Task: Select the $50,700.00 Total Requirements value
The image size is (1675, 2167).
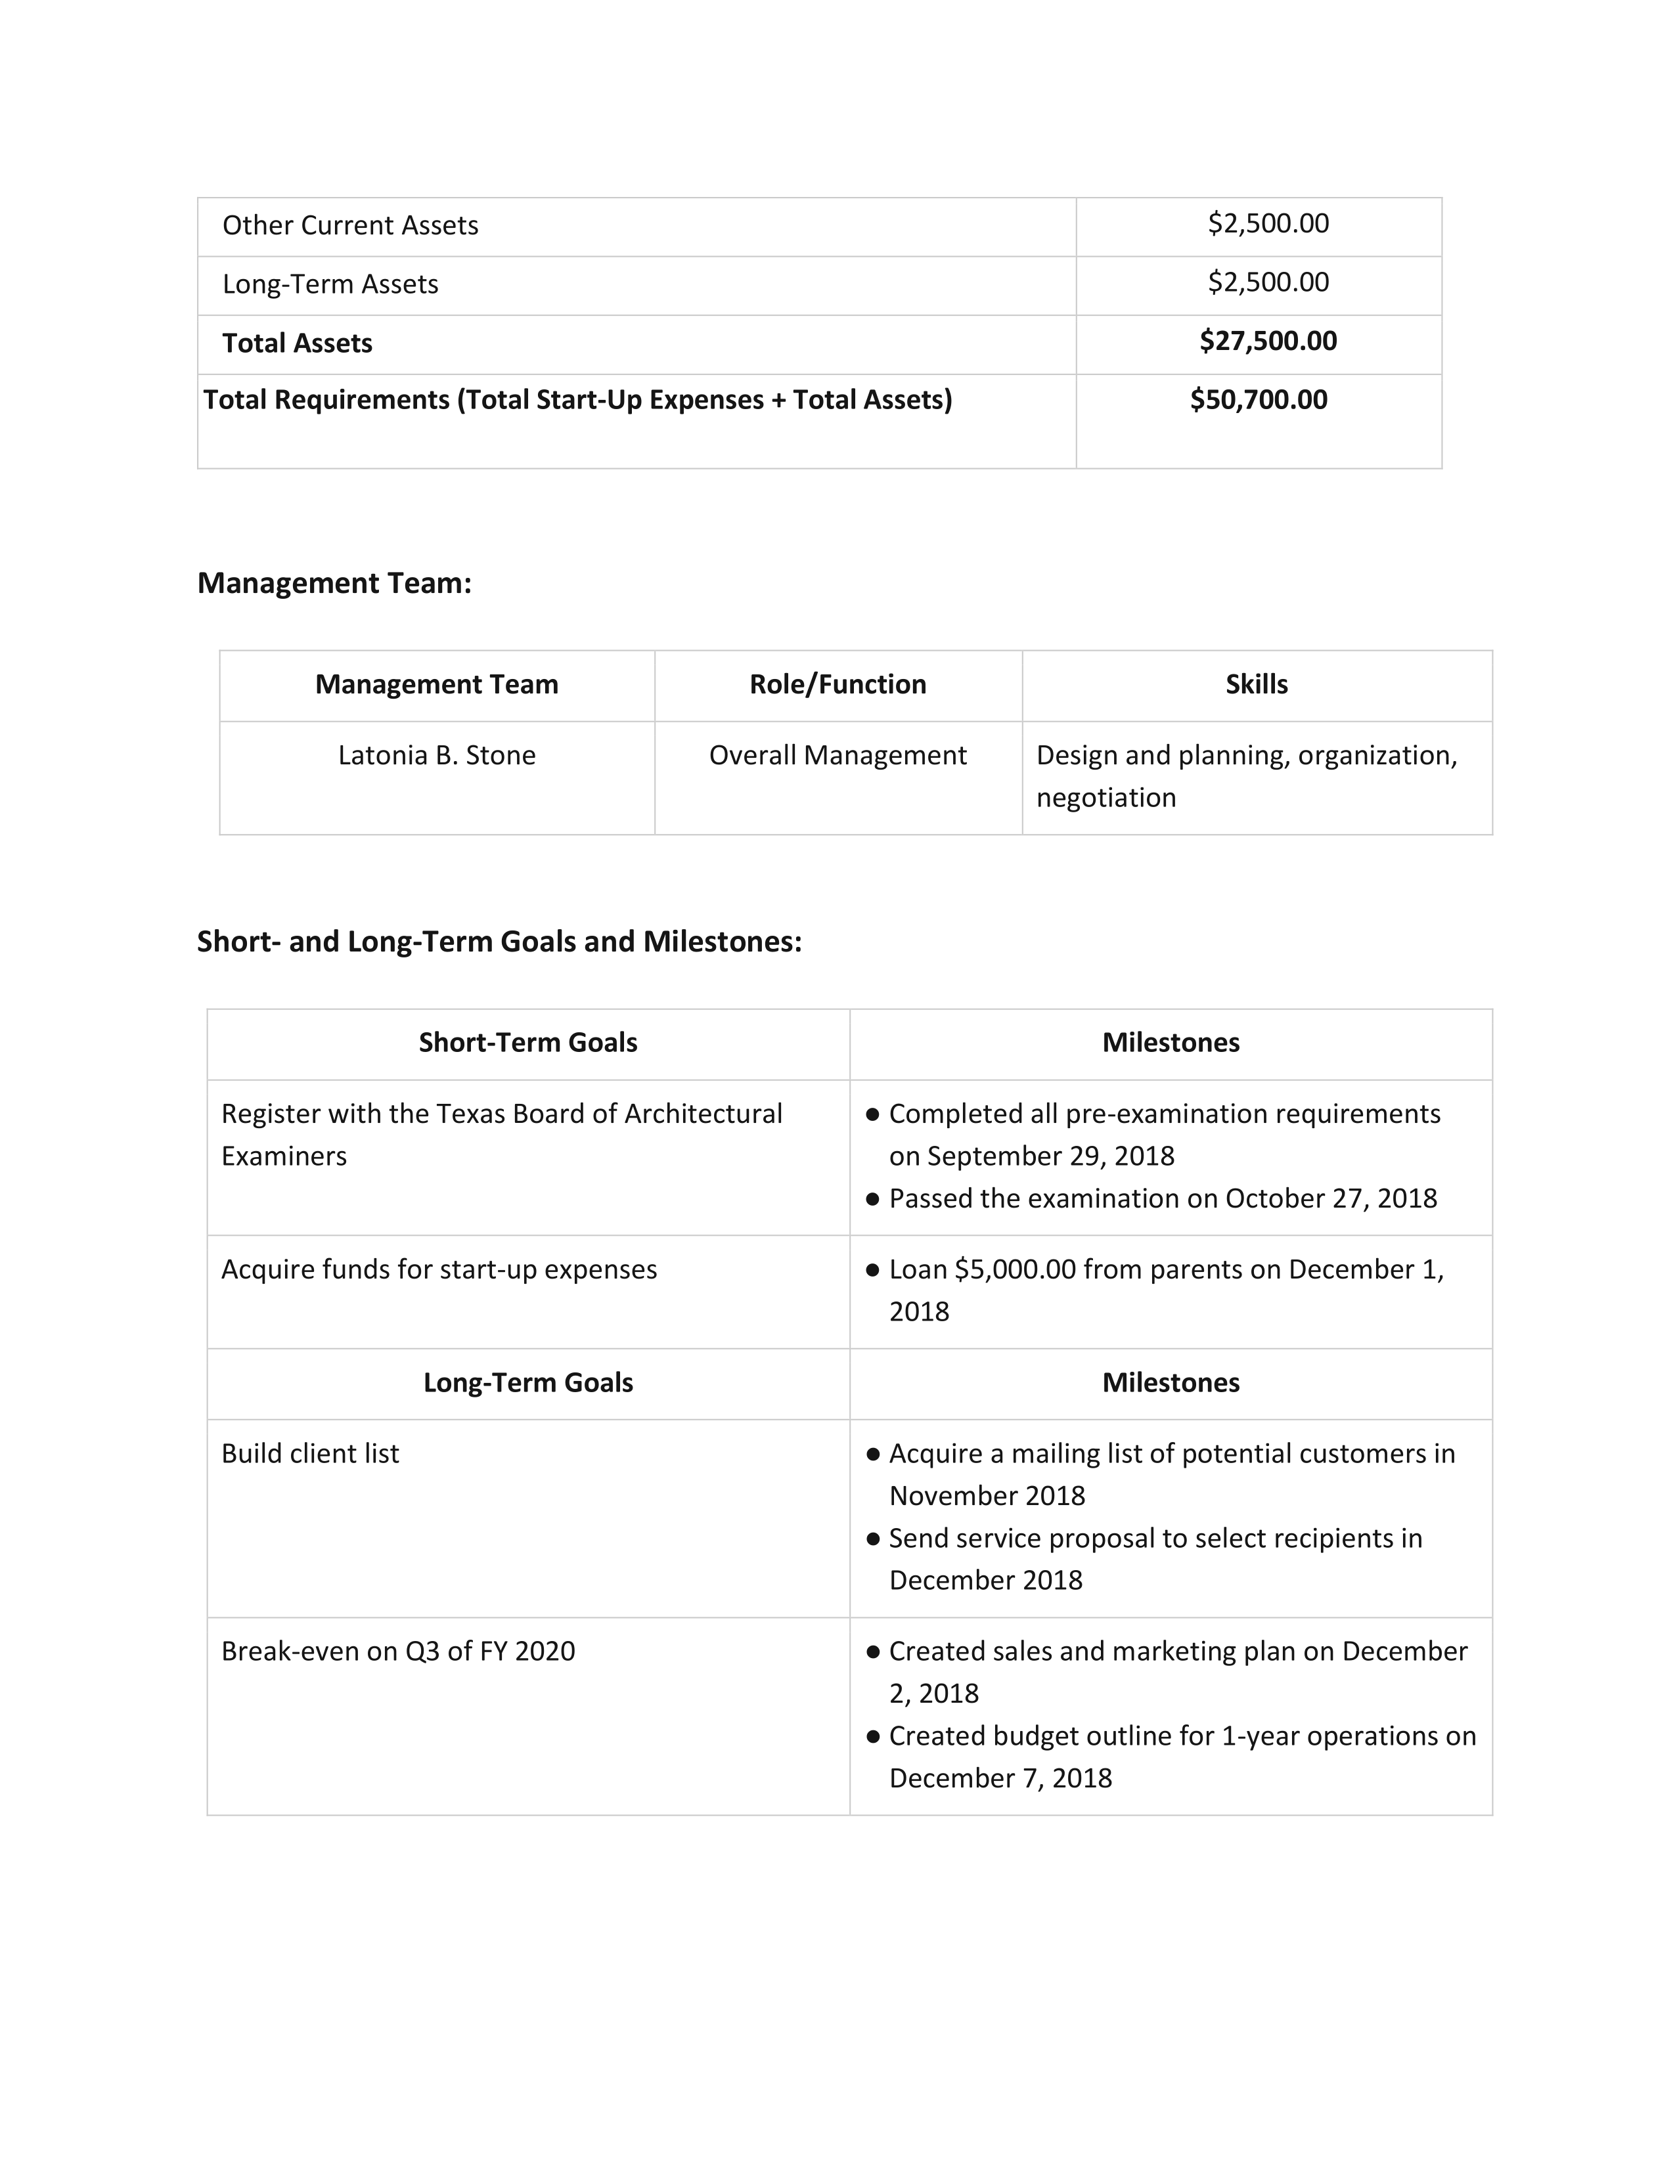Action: pyautogui.click(x=1259, y=400)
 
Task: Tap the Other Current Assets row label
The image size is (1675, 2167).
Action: pyautogui.click(x=349, y=225)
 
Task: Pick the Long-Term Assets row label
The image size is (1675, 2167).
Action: pyautogui.click(x=330, y=284)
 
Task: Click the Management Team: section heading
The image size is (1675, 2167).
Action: pyautogui.click(x=334, y=582)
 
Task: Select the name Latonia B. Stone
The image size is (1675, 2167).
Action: pyautogui.click(x=437, y=755)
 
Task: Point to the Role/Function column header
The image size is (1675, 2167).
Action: pyautogui.click(x=837, y=684)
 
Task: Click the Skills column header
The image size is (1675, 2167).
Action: pyautogui.click(x=1256, y=684)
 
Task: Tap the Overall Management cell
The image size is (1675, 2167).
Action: pyautogui.click(x=837, y=755)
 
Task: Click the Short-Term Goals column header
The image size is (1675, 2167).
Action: pyautogui.click(x=528, y=1042)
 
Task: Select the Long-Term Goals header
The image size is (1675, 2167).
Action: pyautogui.click(x=528, y=1382)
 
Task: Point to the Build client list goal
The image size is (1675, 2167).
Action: pyautogui.click(x=309, y=1454)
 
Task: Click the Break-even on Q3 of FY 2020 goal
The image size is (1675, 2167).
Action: pyautogui.click(x=398, y=1651)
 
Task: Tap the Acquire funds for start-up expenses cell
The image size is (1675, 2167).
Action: pyautogui.click(x=439, y=1269)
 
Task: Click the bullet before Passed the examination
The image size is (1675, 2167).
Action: pyautogui.click(x=873, y=1198)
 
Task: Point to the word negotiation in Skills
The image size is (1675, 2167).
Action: pyautogui.click(x=1105, y=798)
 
